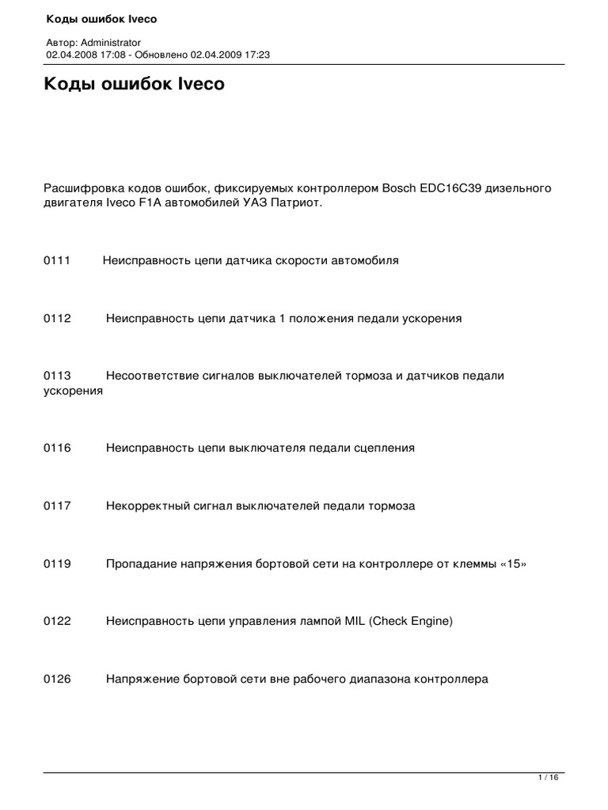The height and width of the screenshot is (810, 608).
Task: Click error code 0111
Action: coord(57,260)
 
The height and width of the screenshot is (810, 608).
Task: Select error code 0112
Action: coord(57,318)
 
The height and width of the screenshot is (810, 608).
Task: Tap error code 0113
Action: coord(57,376)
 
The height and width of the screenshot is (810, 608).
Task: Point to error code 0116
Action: coord(57,448)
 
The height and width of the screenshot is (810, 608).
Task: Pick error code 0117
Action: coord(57,505)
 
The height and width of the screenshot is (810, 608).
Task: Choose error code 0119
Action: coord(57,563)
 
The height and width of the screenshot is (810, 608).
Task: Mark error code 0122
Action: coord(57,621)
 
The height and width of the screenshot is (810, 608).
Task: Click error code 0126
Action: coord(57,679)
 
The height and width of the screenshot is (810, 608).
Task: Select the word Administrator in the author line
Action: coord(111,42)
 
